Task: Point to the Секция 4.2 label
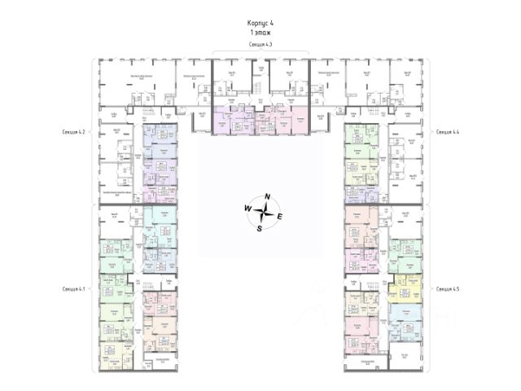pos(74,131)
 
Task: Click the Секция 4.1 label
pos(74,288)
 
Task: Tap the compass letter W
pos(247,209)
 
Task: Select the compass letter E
pos(280,217)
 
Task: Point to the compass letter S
pos(260,228)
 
